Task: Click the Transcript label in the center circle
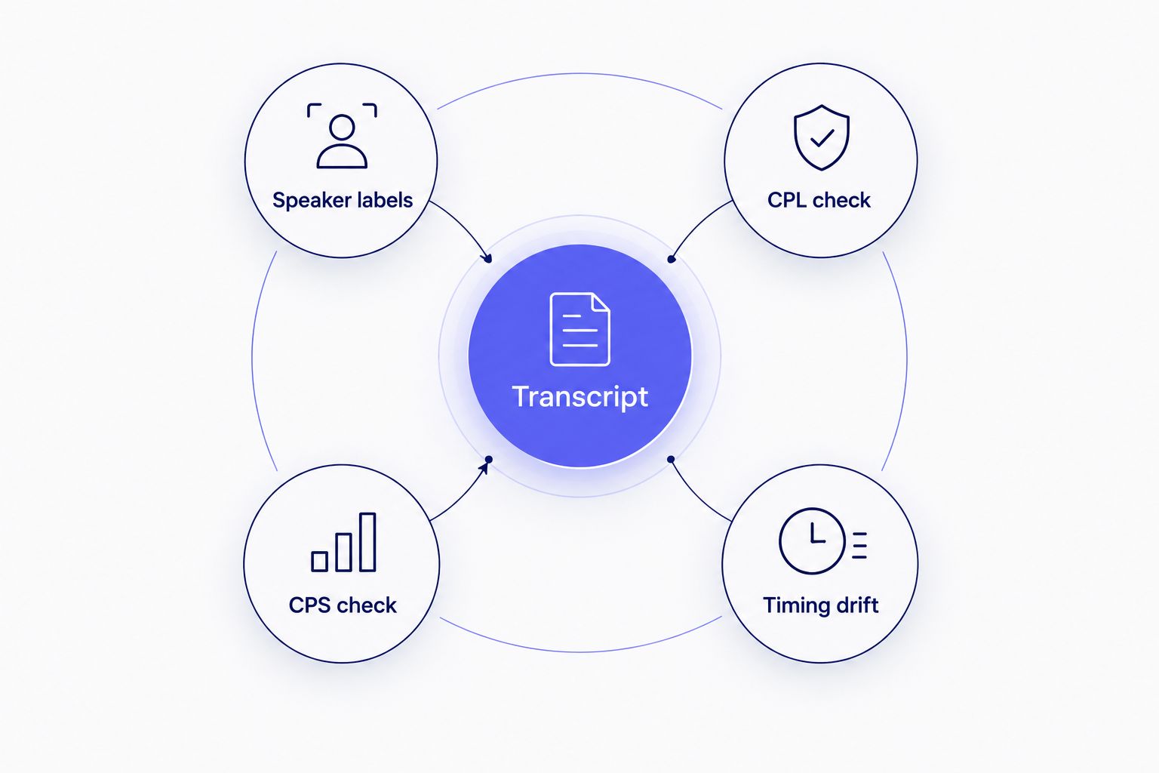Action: pyautogui.click(x=579, y=397)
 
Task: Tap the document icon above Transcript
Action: pyautogui.click(x=579, y=329)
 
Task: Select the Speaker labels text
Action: pyautogui.click(x=343, y=200)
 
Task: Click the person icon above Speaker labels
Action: pyautogui.click(x=342, y=136)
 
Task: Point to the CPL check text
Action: pyautogui.click(x=819, y=200)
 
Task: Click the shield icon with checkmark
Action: pyautogui.click(x=822, y=137)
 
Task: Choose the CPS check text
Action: pyautogui.click(x=343, y=605)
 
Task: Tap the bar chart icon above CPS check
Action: pyautogui.click(x=343, y=542)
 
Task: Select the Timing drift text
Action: pyautogui.click(x=821, y=605)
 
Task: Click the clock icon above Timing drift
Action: pyautogui.click(x=822, y=541)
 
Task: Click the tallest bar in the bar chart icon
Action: pyautogui.click(x=367, y=542)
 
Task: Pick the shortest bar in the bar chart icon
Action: pyautogui.click(x=319, y=561)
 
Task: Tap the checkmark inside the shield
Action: pyautogui.click(x=822, y=138)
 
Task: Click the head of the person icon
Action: pyautogui.click(x=342, y=128)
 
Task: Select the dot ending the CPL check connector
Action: pyautogui.click(x=671, y=259)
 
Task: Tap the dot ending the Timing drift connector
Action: pyautogui.click(x=671, y=459)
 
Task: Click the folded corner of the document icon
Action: pyautogui.click(x=601, y=302)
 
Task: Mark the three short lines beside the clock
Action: pyautogui.click(x=859, y=545)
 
